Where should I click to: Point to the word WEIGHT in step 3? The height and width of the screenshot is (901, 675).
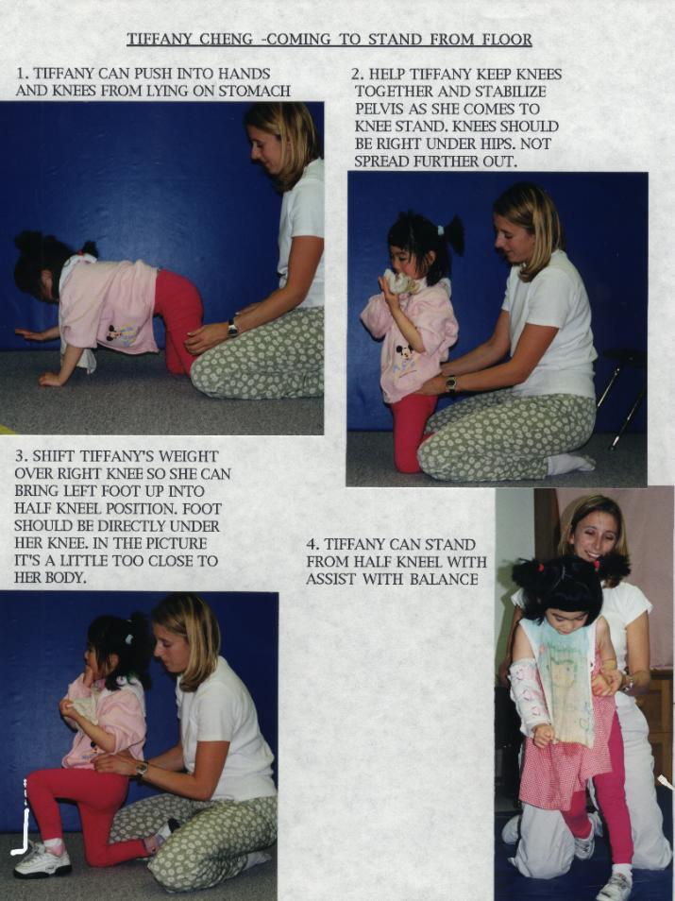point(189,457)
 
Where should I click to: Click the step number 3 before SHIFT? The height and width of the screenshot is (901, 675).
point(20,457)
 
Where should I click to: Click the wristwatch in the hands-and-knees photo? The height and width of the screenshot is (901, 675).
point(232,328)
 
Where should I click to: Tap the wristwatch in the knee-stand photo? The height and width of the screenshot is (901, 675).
point(451,382)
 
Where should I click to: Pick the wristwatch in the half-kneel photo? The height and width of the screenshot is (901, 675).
point(142,770)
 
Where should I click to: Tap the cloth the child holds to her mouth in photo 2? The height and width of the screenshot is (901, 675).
point(398,282)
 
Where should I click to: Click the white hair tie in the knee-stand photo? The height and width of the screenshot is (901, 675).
point(440,230)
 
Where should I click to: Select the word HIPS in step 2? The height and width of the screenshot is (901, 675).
point(498,144)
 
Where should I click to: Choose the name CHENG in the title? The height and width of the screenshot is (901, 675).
point(226,40)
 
